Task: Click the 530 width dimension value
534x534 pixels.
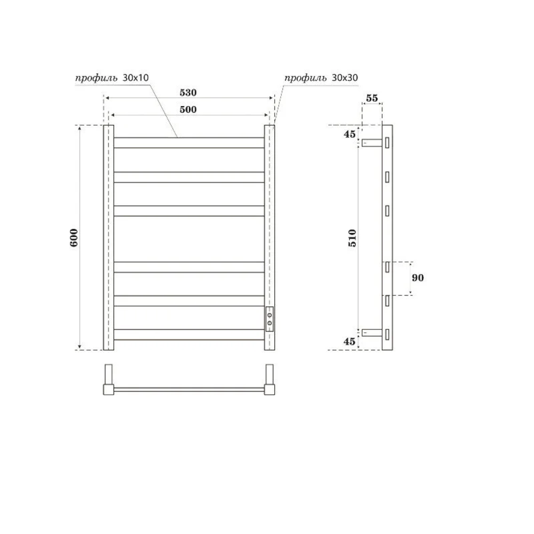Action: pyautogui.click(x=188, y=93)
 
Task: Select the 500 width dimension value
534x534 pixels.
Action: pyautogui.click(x=188, y=110)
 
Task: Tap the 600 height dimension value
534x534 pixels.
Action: pyautogui.click(x=74, y=237)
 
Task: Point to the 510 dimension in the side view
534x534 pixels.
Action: pyautogui.click(x=352, y=238)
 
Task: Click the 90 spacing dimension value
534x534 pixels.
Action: pyautogui.click(x=418, y=278)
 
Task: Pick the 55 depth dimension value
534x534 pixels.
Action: pyautogui.click(x=372, y=98)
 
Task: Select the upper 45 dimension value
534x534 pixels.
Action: pyautogui.click(x=350, y=134)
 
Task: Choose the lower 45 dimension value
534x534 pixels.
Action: pyautogui.click(x=350, y=341)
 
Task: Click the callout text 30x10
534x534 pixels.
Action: pyautogui.click(x=135, y=78)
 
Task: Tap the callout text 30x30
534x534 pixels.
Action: pyautogui.click(x=345, y=78)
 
